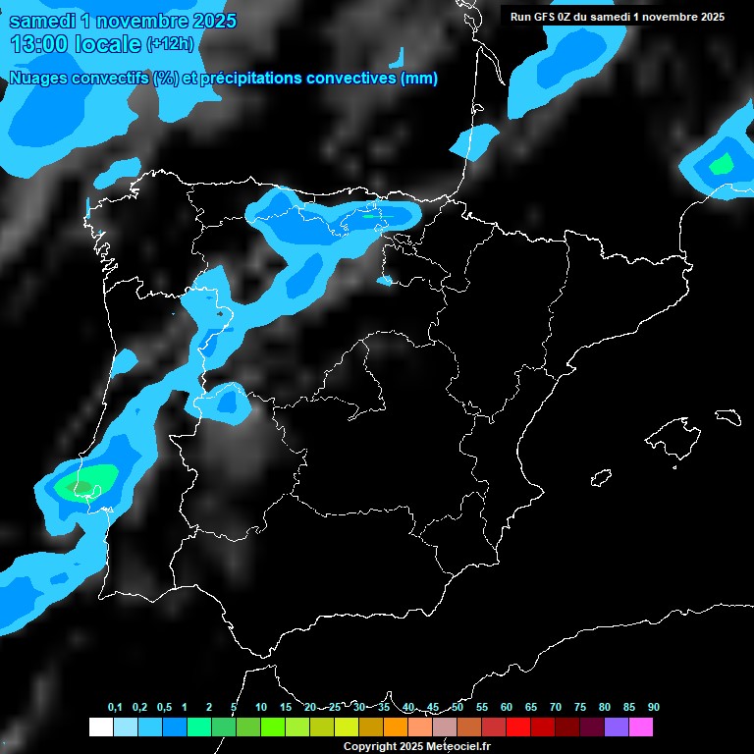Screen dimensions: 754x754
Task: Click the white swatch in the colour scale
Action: pyautogui.click(x=100, y=727)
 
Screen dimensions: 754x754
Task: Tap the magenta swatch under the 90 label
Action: pyautogui.click(x=641, y=727)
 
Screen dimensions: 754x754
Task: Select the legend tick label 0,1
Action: pyautogui.click(x=115, y=708)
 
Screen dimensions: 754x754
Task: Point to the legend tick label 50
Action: pyautogui.click(x=458, y=708)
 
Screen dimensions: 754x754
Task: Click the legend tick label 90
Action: pyautogui.click(x=654, y=708)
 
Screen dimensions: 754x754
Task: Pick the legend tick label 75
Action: pyautogui.click(x=580, y=708)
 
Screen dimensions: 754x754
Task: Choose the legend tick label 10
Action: pyautogui.click(x=261, y=708)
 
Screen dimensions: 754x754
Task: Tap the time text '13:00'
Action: pyautogui.click(x=40, y=43)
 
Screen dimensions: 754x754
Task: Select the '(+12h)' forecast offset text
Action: pyautogui.click(x=170, y=44)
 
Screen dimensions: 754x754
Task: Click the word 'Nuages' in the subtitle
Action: pyautogui.click(x=41, y=79)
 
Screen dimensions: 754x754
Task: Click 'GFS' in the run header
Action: pyautogui.click(x=545, y=17)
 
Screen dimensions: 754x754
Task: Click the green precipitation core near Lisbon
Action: pyautogui.click(x=81, y=484)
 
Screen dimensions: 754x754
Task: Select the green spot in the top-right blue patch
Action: pyautogui.click(x=723, y=164)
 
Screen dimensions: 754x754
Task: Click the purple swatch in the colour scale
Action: pyautogui.click(x=617, y=727)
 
